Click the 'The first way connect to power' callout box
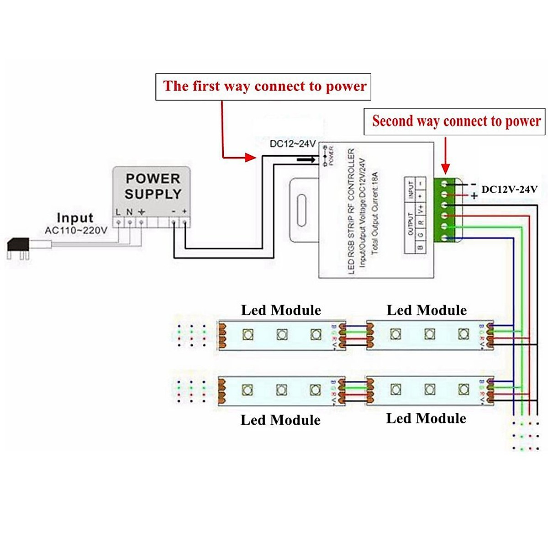coord(263,87)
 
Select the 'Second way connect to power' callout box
coord(455,121)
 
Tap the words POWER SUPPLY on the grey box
coord(153,186)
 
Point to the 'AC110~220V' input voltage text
coord(76,230)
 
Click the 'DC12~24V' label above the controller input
coord(292,144)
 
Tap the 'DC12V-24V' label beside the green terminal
coord(509,189)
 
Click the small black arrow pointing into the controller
coord(306,159)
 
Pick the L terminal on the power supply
coord(119,222)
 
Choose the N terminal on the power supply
coord(130,222)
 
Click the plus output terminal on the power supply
coord(185,222)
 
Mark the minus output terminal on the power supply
coord(174,222)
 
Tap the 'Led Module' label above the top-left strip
coord(281,311)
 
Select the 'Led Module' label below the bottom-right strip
coord(426,418)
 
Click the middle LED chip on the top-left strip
coord(282,335)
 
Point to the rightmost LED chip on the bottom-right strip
coord(463,390)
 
